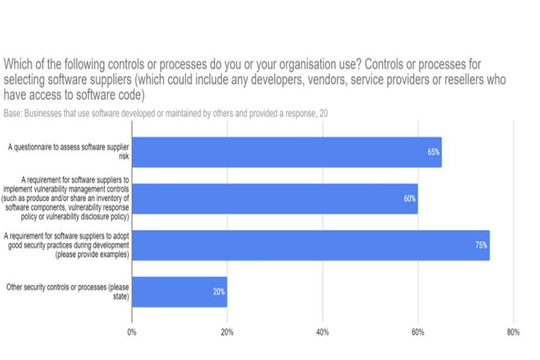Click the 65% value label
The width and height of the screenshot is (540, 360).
point(433,152)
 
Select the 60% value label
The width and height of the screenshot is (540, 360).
point(409,199)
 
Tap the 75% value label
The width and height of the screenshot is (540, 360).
point(481,245)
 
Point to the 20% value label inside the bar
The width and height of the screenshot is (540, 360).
point(219,292)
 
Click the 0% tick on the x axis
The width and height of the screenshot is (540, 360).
point(132,332)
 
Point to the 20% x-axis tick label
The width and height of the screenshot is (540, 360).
point(227,332)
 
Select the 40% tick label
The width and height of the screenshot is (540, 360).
point(322,332)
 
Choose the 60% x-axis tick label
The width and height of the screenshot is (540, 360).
point(417,332)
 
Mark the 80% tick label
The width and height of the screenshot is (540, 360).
point(513,332)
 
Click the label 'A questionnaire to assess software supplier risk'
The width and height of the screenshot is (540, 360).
point(69,152)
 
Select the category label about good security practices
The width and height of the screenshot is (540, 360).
point(66,245)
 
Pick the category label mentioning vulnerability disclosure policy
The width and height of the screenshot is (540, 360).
point(66,199)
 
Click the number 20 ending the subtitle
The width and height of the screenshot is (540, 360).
point(323,113)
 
